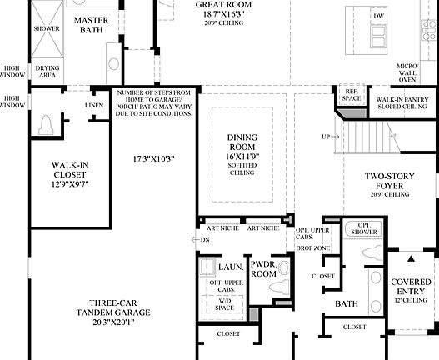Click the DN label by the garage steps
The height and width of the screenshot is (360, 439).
pos(206,239)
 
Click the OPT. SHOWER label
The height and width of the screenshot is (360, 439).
pos(363,230)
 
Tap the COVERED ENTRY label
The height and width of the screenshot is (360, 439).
pos(411,287)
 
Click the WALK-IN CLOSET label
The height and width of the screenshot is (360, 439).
pos(70,170)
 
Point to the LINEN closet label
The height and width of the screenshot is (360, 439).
pos(94,106)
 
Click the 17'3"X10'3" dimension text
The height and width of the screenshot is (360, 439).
pos(153,157)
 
